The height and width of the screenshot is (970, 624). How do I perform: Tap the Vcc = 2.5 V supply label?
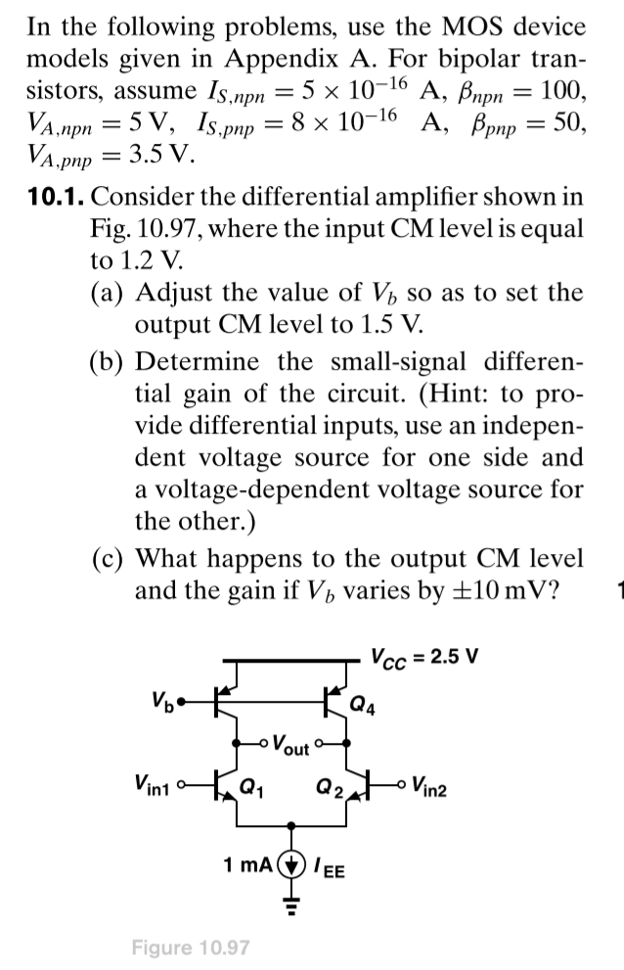point(428,655)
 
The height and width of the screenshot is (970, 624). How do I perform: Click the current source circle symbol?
point(293,866)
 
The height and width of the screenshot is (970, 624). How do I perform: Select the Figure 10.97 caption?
point(190,947)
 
